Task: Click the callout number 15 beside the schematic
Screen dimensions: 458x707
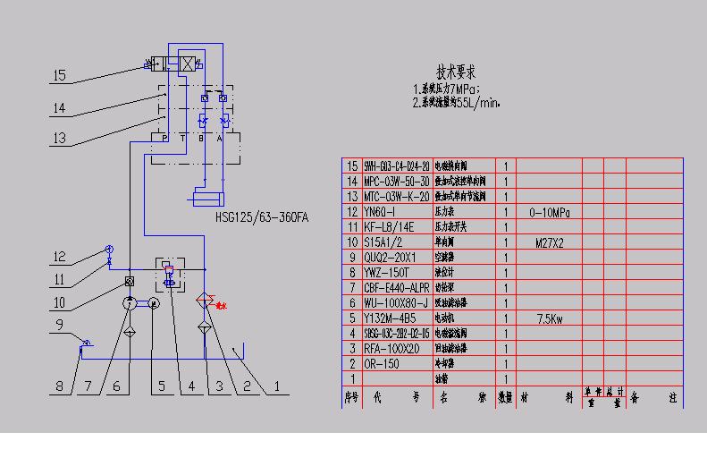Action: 59,76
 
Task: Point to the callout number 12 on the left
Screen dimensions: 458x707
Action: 59,257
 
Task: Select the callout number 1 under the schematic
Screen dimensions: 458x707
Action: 276,387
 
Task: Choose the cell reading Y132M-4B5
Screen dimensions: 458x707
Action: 391,318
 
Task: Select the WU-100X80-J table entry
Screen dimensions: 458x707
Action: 395,303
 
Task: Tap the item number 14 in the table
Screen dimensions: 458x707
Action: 350,182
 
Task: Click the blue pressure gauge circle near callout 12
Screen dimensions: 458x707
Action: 109,250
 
